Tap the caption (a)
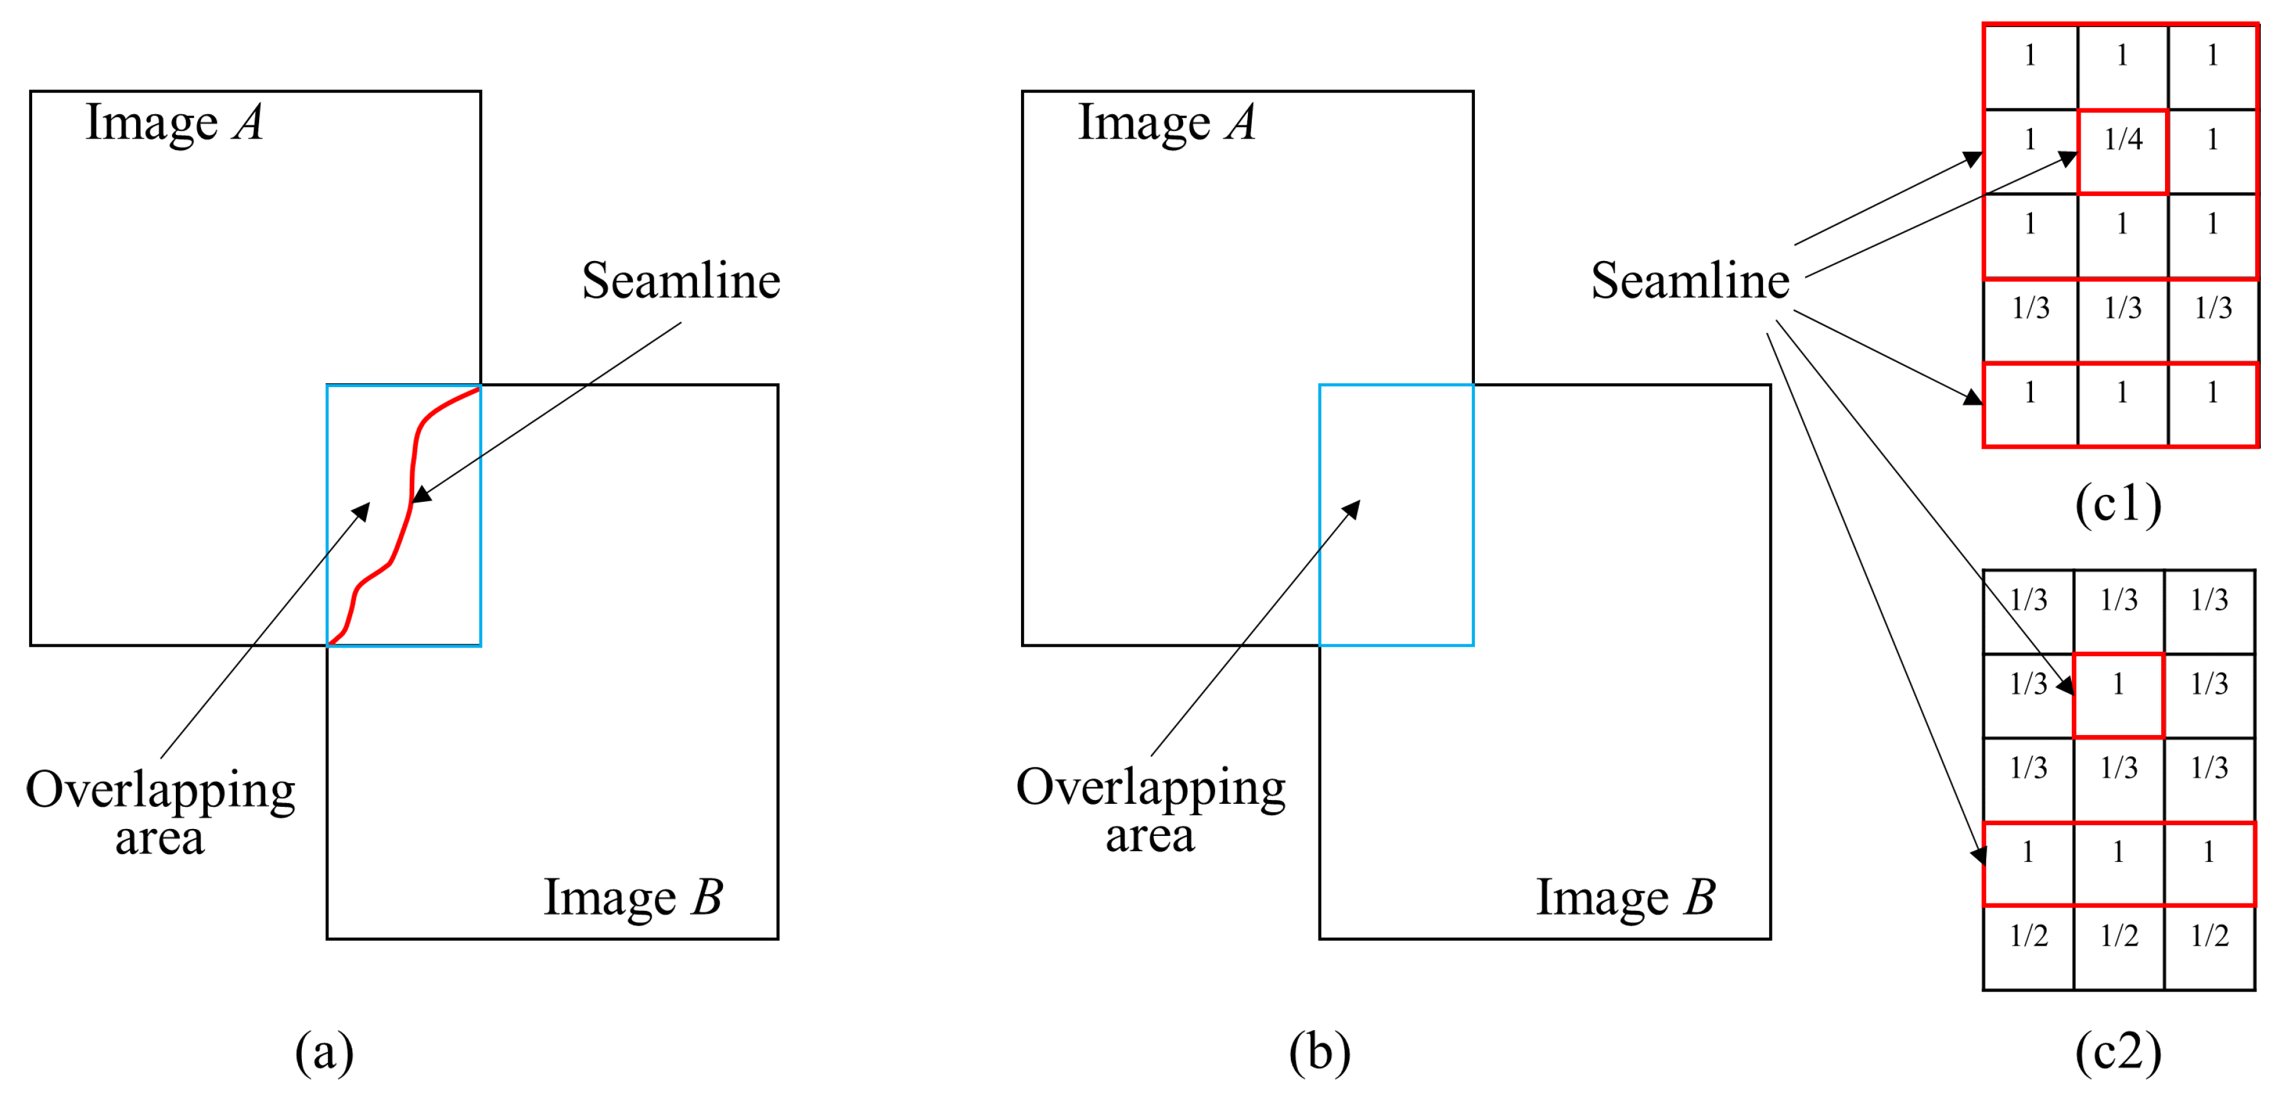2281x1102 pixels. click(324, 1052)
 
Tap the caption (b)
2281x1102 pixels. click(1319, 1052)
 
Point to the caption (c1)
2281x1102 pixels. click(2118, 503)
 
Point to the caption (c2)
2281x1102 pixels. click(2118, 1052)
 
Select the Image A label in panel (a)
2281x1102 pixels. click(175, 122)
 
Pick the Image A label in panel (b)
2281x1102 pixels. click(1166, 122)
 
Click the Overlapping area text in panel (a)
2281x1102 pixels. click(160, 811)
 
